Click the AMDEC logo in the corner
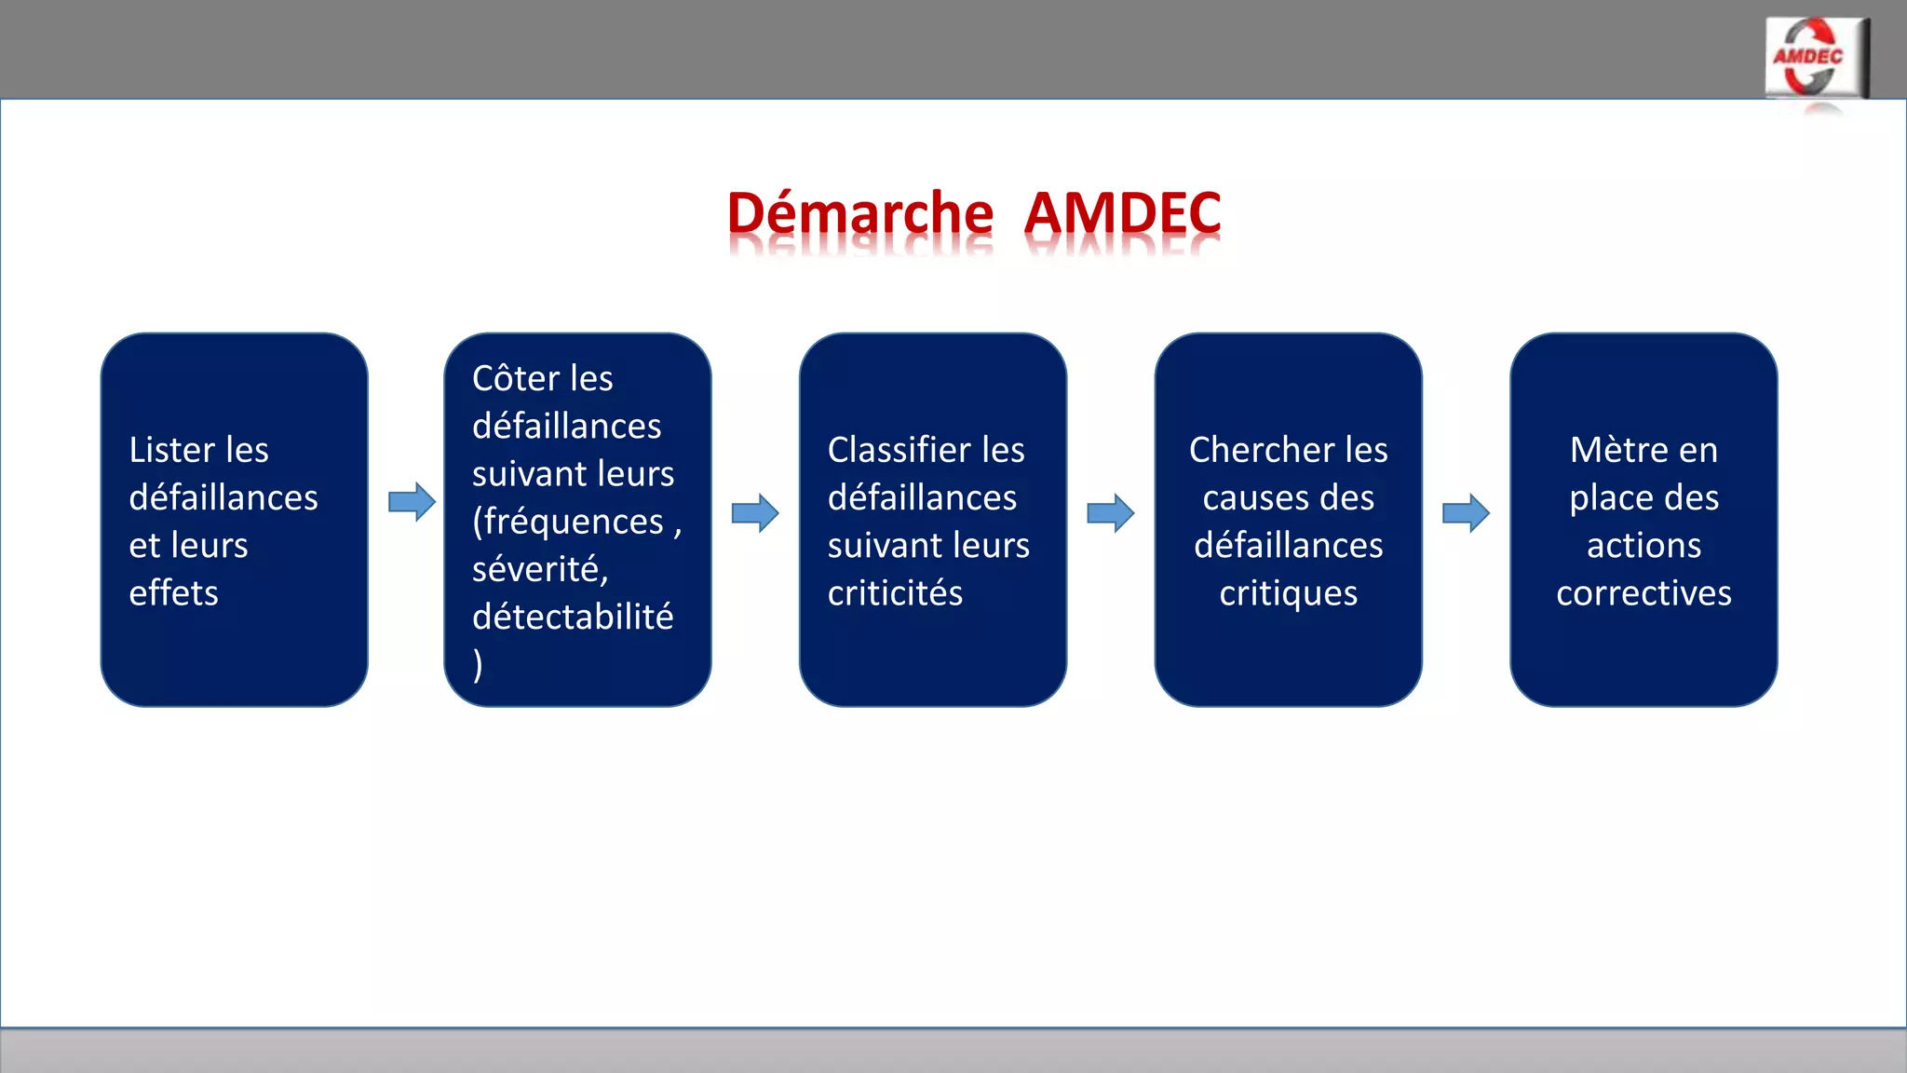(1815, 58)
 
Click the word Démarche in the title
(859, 213)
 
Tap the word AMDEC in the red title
(1123, 213)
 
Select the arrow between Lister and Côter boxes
(412, 502)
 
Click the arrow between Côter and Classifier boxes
(755, 513)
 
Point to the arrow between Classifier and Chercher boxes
(1111, 513)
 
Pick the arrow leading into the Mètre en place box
(1466, 513)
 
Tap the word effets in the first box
(173, 593)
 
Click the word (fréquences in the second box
(567, 522)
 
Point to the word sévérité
(539, 569)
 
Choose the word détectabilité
(573, 617)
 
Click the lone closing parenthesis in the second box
(478, 665)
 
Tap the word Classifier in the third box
(895, 451)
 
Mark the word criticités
(895, 593)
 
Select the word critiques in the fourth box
(1289, 593)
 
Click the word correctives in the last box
(1643, 593)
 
